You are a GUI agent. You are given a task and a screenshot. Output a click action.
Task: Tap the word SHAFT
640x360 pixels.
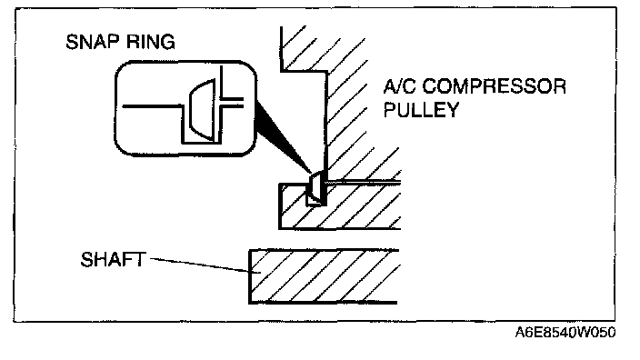pos(113,260)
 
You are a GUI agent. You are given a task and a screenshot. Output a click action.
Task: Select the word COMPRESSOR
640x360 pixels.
pos(494,86)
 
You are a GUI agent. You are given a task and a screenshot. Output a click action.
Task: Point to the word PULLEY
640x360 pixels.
pos(421,110)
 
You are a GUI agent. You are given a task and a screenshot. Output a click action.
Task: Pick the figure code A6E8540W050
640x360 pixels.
pos(565,333)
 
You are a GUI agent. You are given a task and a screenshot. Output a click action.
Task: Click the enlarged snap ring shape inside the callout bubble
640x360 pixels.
pos(203,110)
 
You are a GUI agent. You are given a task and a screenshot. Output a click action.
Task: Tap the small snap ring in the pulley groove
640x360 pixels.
pos(315,188)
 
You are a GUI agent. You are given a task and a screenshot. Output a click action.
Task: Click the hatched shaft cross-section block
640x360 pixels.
pos(325,276)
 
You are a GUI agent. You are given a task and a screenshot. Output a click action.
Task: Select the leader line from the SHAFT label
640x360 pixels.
pos(200,265)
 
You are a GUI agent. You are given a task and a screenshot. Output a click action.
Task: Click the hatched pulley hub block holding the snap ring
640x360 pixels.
pos(340,206)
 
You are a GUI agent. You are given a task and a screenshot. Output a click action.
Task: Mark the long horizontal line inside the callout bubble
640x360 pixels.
pos(153,106)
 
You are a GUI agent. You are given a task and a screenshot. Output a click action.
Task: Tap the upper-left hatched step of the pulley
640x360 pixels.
pos(303,49)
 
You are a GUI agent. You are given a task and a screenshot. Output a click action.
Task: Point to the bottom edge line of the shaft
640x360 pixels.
pos(323,303)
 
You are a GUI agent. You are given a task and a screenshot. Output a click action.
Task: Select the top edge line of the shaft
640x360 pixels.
pos(324,250)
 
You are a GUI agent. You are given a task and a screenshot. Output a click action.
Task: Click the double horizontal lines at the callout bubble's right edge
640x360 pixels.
pos(233,103)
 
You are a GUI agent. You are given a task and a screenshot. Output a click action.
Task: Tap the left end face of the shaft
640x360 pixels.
pos(250,276)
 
